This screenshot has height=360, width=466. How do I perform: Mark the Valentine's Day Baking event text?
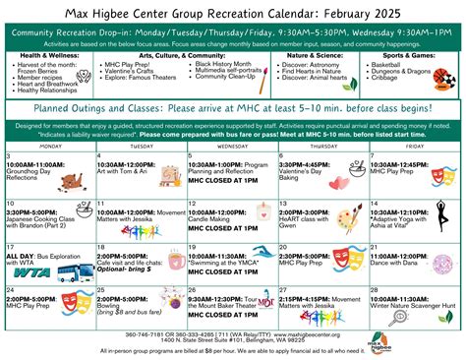[x=313, y=170]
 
